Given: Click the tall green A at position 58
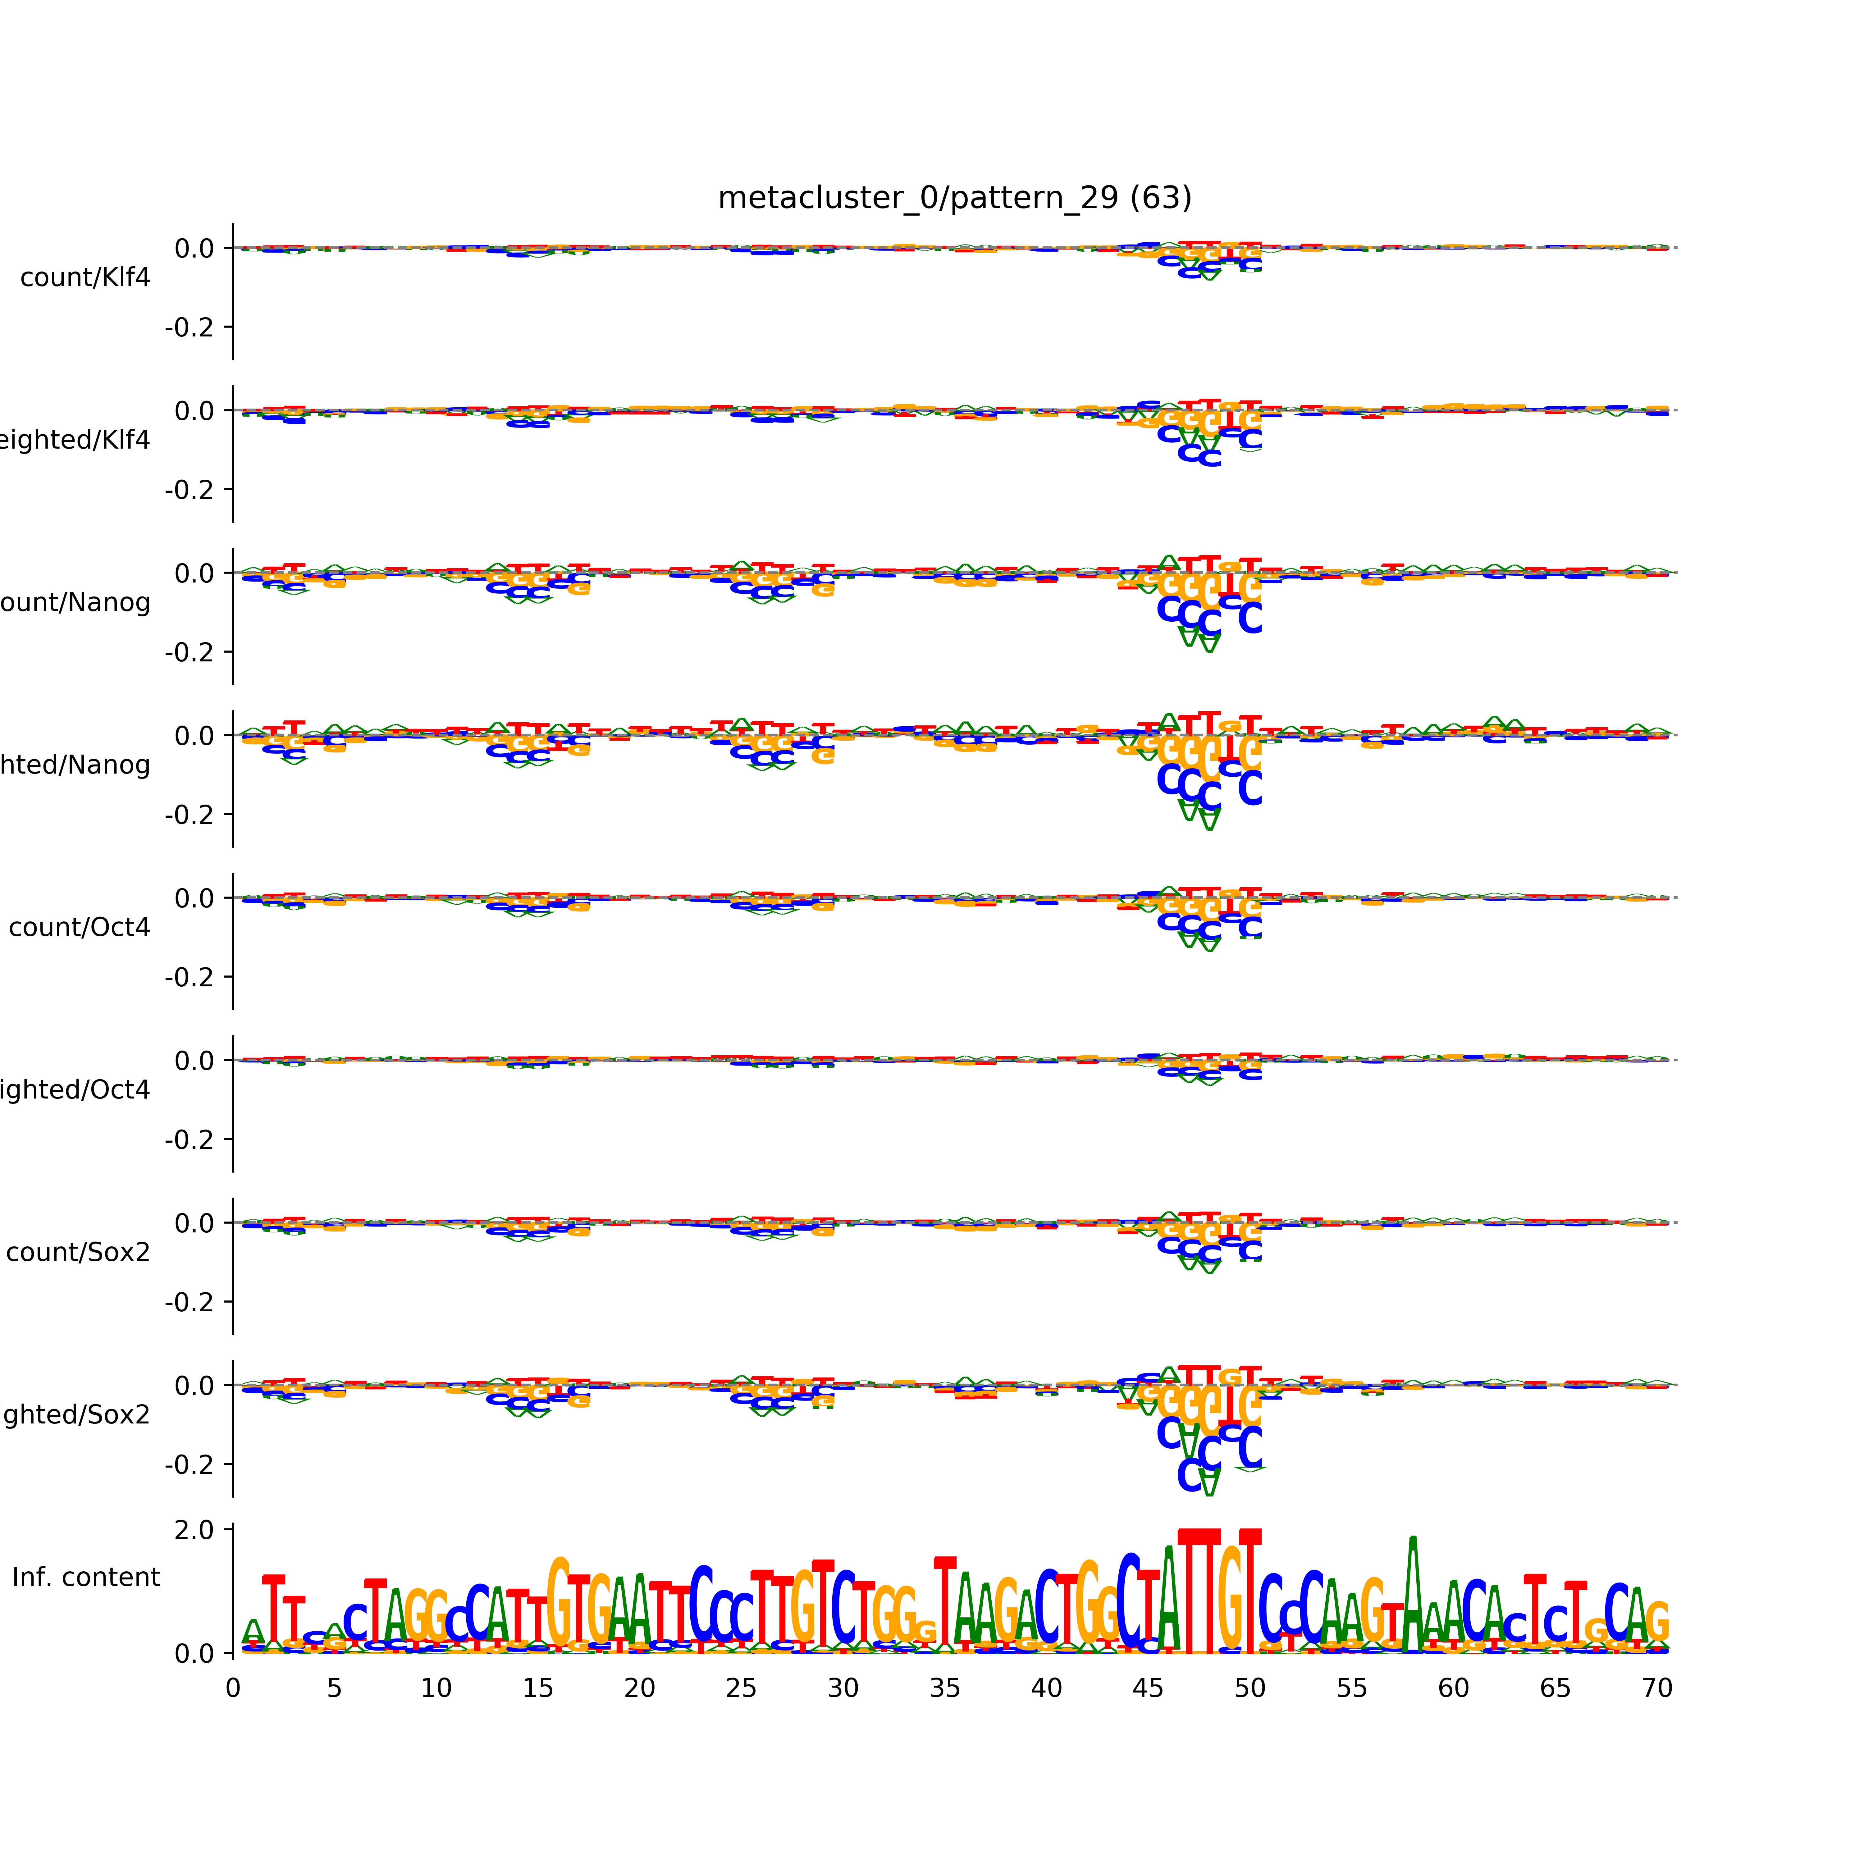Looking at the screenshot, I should [1413, 1597].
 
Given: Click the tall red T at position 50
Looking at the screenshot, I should [1250, 1592].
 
